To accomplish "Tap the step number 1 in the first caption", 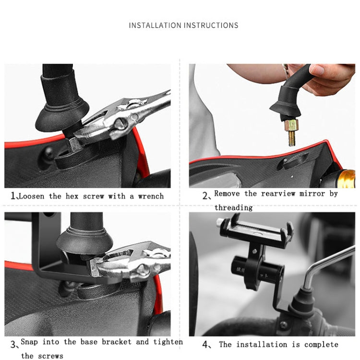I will pos(13,196).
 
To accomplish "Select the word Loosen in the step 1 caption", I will pos(32,196).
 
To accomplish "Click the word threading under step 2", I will pos(233,207).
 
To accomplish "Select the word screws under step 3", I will pos(49,356).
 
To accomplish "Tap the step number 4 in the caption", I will pos(205,345).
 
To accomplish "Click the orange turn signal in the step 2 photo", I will pos(347,178).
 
